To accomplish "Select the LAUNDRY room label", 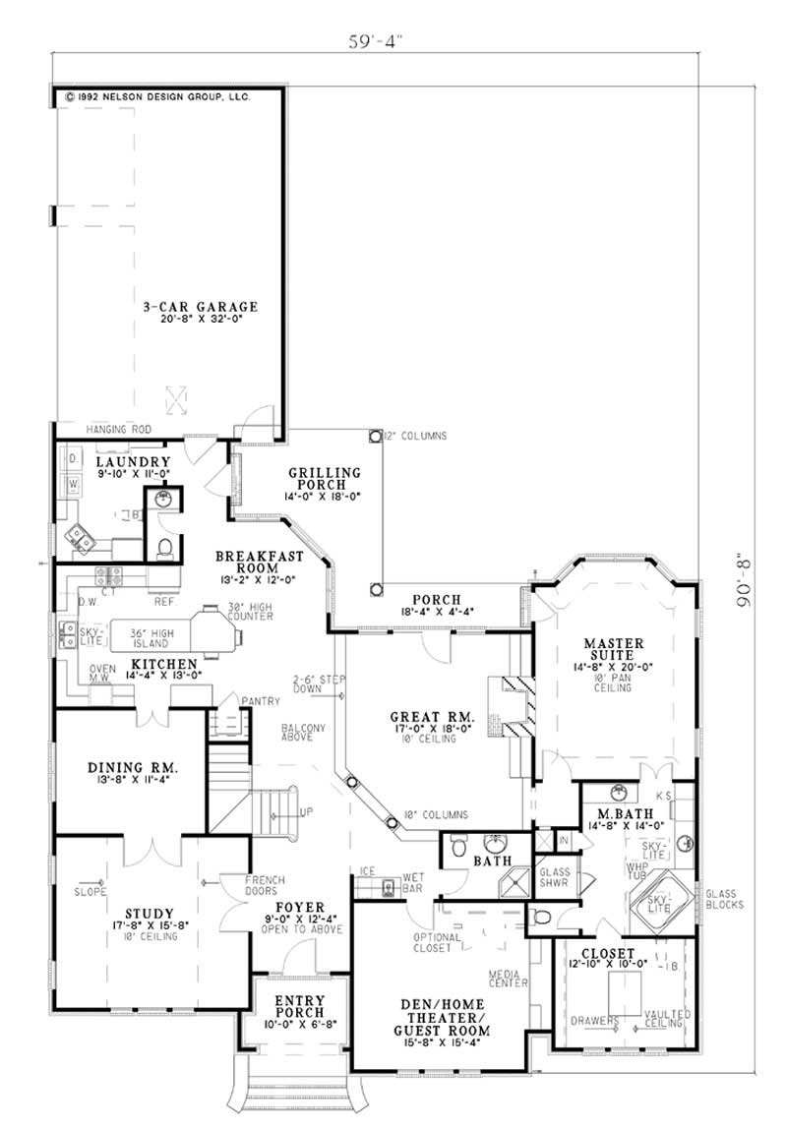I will (135, 461).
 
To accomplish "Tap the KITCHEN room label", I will (164, 664).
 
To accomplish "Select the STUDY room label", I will (150, 913).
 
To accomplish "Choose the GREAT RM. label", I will (432, 720).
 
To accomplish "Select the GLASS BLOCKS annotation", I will (724, 899).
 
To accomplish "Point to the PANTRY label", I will (264, 701).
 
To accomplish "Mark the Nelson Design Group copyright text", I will (157, 97).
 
